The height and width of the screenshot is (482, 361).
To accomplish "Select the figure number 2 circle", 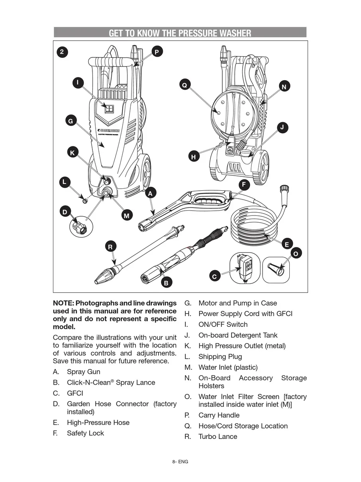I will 62,52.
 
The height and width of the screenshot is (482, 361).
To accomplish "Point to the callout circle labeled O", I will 296,254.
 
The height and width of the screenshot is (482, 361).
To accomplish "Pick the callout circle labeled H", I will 193,157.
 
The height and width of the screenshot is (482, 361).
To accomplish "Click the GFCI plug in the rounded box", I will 245,269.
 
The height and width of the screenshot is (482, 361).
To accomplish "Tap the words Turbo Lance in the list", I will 218,437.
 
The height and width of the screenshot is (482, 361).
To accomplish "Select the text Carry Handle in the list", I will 219,415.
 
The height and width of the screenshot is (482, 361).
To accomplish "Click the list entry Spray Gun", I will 83,372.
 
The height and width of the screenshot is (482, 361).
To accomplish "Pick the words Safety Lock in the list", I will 85,433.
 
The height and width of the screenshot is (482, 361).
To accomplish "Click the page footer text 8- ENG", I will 180,462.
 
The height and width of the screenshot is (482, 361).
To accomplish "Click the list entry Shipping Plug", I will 220,357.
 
